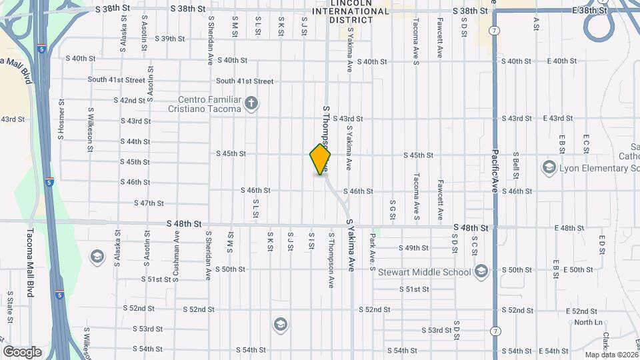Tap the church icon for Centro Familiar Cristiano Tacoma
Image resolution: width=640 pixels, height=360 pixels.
[251, 103]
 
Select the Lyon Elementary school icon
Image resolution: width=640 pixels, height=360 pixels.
[549, 167]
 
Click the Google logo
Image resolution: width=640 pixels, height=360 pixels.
[22, 351]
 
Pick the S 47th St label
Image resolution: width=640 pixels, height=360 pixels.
[149, 203]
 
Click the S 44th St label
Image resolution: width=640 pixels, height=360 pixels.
[135, 141]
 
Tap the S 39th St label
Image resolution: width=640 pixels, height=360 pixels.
[169, 39]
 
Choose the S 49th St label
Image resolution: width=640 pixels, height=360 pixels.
[413, 248]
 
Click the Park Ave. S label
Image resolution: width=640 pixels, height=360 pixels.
[373, 252]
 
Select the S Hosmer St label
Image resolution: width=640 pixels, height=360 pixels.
[61, 120]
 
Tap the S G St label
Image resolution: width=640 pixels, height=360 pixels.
[393, 210]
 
